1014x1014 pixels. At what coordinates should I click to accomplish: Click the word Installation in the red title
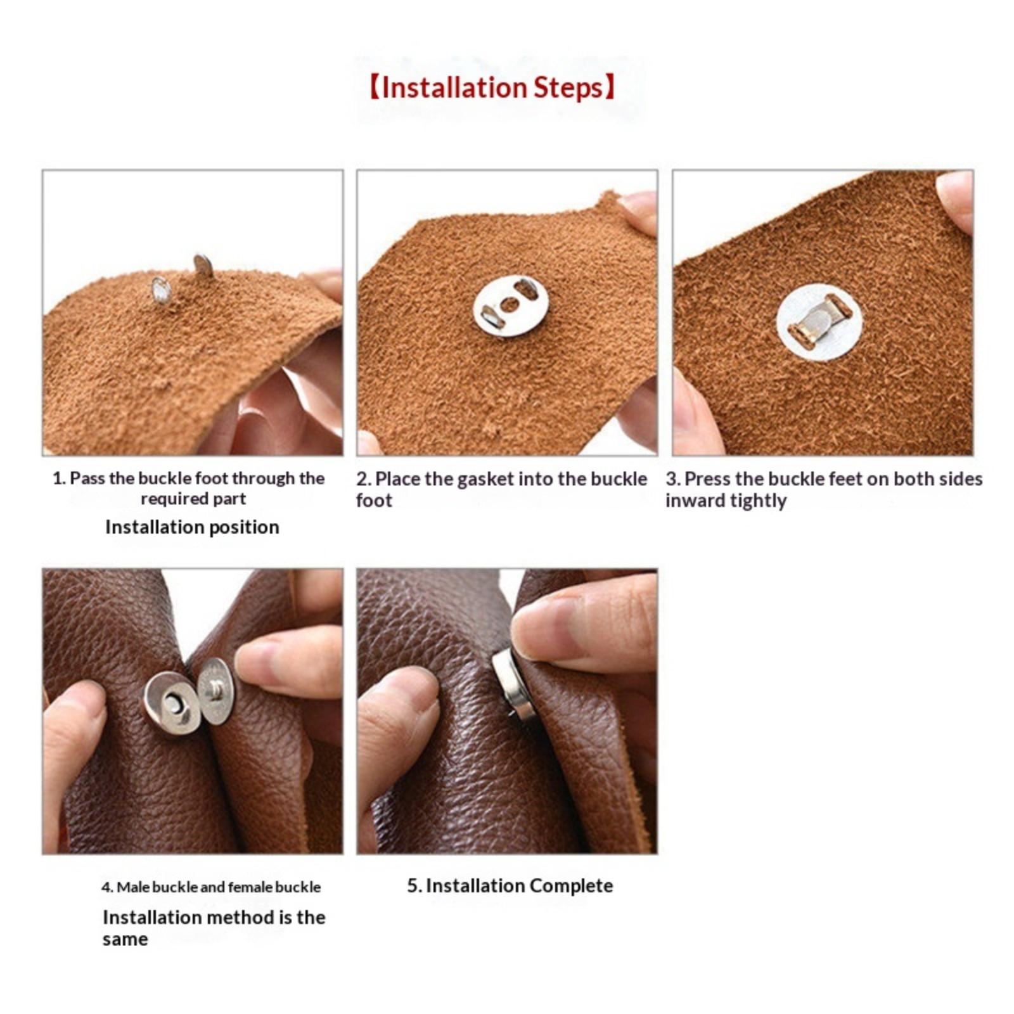tap(454, 87)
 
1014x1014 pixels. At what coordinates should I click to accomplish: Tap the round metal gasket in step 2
tap(510, 306)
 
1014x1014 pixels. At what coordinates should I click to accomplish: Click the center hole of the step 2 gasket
tap(509, 305)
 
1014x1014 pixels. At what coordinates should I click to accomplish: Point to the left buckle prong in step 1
tap(161, 290)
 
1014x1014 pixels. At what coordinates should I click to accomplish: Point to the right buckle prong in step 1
tap(203, 266)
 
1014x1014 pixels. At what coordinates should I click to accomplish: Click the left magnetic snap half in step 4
tap(171, 703)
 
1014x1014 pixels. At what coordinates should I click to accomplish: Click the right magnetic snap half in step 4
tap(216, 690)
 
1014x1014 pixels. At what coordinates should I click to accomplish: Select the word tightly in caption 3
tap(758, 501)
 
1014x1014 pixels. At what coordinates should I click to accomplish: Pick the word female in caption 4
tap(248, 887)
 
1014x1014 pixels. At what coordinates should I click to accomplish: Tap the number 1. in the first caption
tap(59, 478)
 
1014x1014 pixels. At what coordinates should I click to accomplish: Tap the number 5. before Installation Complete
tap(414, 886)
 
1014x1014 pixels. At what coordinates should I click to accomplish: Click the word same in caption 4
tap(125, 940)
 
